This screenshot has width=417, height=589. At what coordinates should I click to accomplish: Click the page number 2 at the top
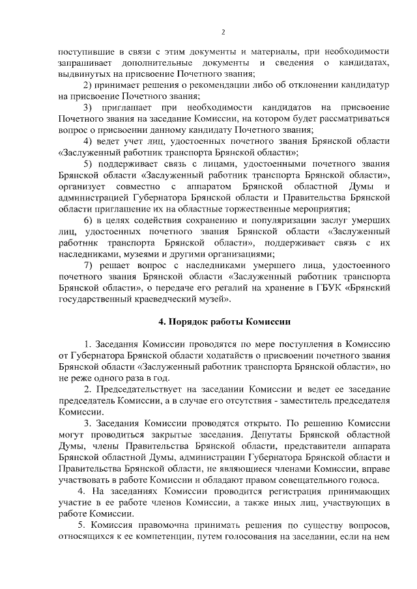pyautogui.click(x=223, y=32)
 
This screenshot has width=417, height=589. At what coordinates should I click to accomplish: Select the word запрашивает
pyautogui.click(x=84, y=62)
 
